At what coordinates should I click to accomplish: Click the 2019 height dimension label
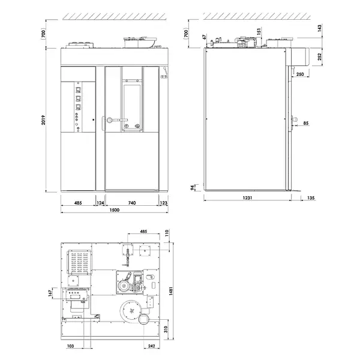pos(44,123)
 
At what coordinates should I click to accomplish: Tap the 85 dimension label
pos(306,124)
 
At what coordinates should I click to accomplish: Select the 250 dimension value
pos(299,74)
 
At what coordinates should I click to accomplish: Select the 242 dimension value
pos(152,346)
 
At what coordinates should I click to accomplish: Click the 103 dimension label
pos(70,346)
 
